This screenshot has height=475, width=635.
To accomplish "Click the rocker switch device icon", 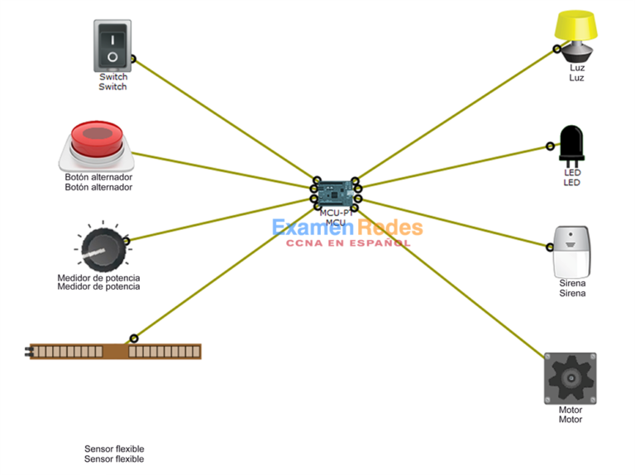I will coord(112,46).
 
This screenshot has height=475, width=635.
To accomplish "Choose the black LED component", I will coord(571,145).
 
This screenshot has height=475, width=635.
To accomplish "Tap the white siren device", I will coord(572,251).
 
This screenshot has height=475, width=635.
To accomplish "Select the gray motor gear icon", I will coord(570,378).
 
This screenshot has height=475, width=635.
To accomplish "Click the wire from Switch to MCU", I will coord(223,119).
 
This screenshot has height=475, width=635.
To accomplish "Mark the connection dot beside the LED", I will coord(550,146).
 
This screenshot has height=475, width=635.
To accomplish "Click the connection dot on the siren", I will coord(547,246).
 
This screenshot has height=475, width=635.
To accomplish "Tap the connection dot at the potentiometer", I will coord(127,239).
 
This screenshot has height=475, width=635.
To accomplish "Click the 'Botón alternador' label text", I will coord(98,182).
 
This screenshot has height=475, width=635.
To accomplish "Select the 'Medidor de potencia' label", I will coord(98,282).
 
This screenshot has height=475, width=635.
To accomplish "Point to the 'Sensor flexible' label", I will coord(114,453).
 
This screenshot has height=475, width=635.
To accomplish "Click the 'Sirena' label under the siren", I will coord(572,288).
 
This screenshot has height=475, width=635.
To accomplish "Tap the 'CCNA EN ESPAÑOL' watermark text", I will coord(348,243).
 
